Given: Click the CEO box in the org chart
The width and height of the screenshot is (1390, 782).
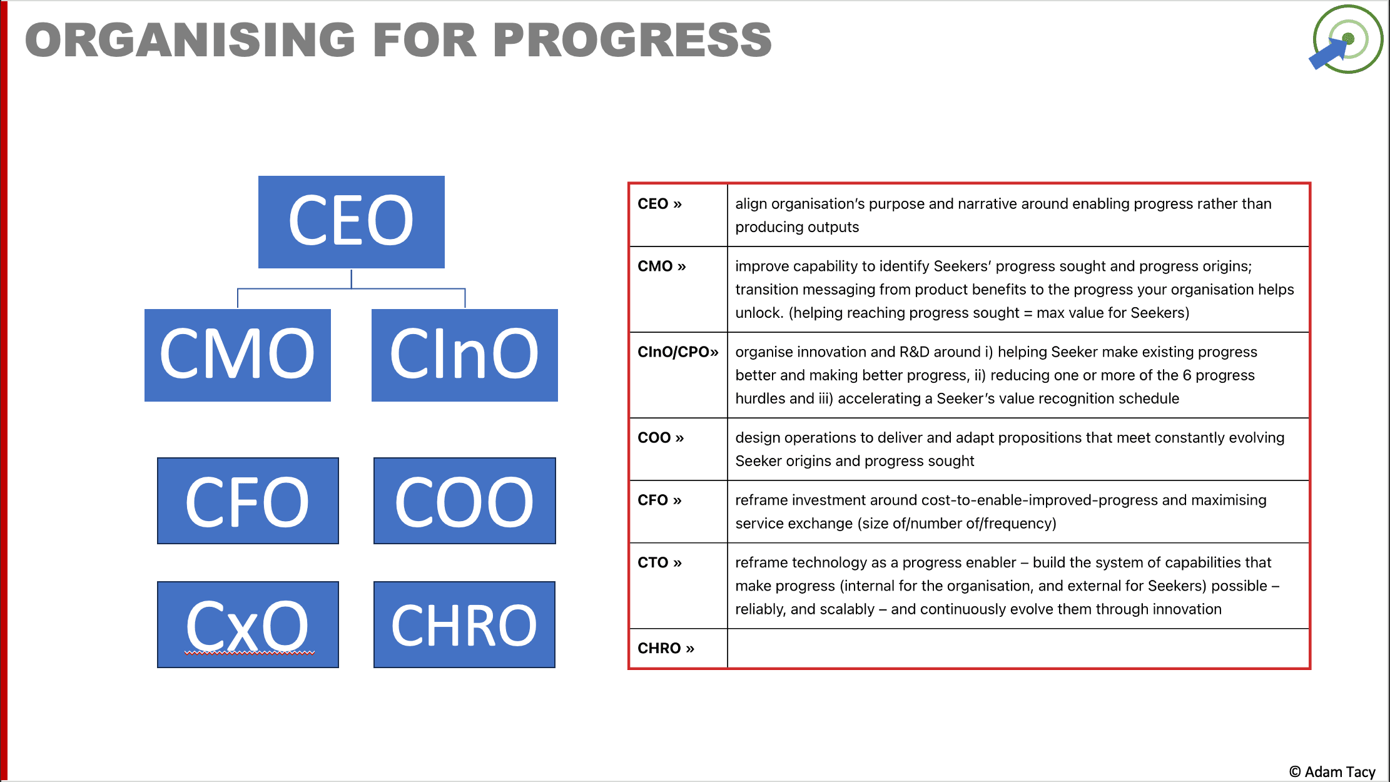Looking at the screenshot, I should (351, 221).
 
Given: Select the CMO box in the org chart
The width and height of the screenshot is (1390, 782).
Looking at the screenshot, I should (237, 355).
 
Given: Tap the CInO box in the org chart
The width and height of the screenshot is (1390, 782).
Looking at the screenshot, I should (464, 355).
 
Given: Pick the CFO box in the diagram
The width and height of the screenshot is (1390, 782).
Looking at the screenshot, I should (248, 500).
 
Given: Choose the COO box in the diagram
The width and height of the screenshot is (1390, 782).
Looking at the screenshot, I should (464, 500).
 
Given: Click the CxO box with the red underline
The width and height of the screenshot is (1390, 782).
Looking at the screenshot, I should (248, 624).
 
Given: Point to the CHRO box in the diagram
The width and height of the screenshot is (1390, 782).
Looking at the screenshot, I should (464, 624).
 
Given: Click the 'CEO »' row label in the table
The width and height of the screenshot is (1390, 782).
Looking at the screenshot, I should (659, 204).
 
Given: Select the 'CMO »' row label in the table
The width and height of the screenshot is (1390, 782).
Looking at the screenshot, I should (661, 267).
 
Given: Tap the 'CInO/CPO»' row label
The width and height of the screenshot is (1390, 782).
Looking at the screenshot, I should (677, 352).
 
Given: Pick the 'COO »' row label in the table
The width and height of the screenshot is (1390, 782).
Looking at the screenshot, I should (661, 438).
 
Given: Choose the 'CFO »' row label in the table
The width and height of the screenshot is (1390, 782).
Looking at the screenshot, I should (659, 500).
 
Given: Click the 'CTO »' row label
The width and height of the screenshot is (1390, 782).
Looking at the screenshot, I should (659, 563).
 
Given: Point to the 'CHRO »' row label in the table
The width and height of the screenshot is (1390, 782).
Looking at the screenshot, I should (666, 649).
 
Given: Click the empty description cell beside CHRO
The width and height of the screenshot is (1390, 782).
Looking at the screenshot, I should (1018, 649).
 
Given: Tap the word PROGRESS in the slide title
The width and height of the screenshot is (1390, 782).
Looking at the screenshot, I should (632, 40).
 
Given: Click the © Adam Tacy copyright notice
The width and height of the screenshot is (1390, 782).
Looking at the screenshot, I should (1332, 772).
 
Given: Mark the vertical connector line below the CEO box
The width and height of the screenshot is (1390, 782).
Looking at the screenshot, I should (352, 278).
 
